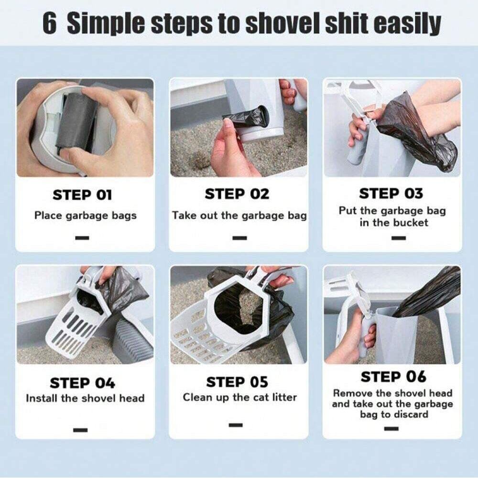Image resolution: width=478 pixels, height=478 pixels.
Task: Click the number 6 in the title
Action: [x=49, y=23]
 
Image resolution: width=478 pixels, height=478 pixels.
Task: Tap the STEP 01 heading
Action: [x=82, y=195]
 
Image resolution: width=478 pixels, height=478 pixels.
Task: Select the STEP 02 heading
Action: [x=237, y=194]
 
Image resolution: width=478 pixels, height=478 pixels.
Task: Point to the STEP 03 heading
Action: [x=391, y=194]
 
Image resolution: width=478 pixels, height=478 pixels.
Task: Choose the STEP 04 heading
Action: [x=83, y=383]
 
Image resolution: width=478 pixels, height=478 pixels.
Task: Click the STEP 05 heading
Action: [x=237, y=382]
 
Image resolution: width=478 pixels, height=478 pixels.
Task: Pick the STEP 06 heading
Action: [x=393, y=377]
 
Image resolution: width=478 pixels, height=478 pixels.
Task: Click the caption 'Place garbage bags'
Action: [x=85, y=216]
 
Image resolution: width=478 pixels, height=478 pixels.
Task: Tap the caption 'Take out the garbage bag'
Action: [x=239, y=216]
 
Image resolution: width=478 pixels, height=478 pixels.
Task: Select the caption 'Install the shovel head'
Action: [x=85, y=398]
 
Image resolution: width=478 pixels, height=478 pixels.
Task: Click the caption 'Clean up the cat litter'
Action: [x=239, y=397]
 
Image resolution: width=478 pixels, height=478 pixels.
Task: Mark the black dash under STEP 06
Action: [x=391, y=428]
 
